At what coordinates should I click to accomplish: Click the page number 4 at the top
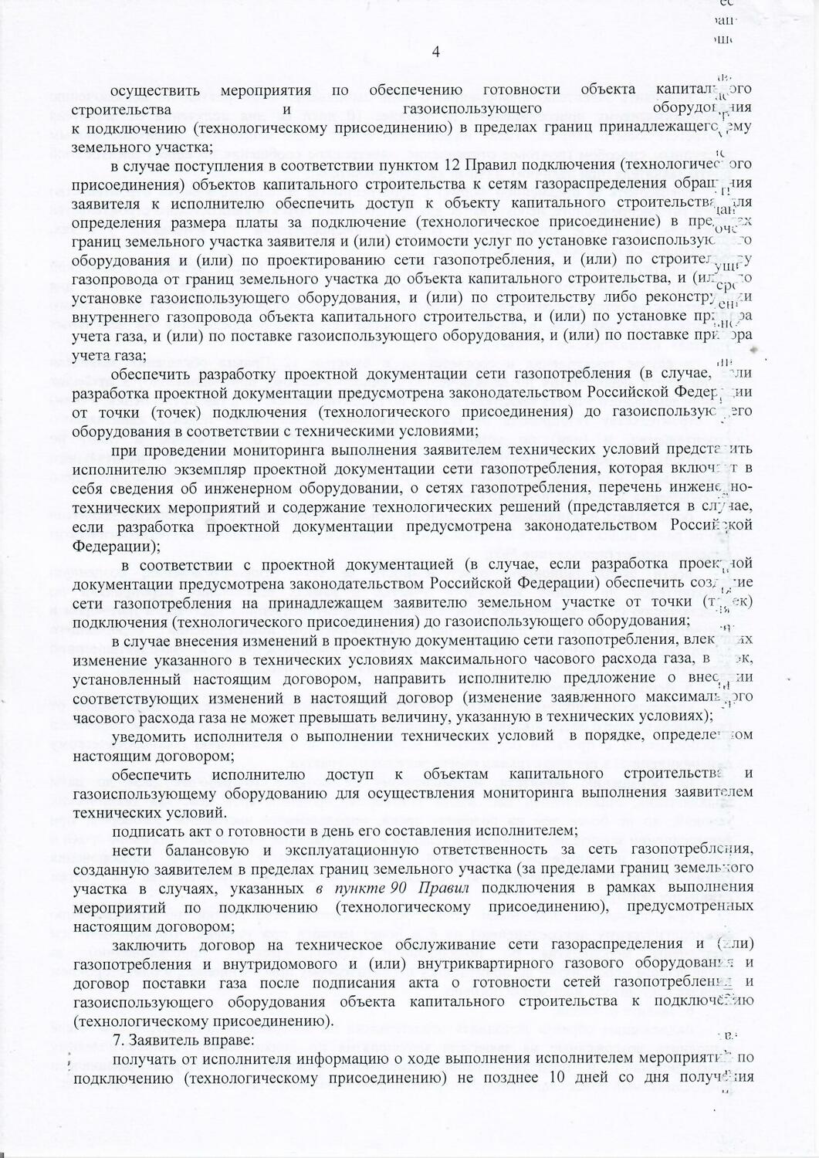(437, 52)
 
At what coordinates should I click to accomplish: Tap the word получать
(144, 1058)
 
